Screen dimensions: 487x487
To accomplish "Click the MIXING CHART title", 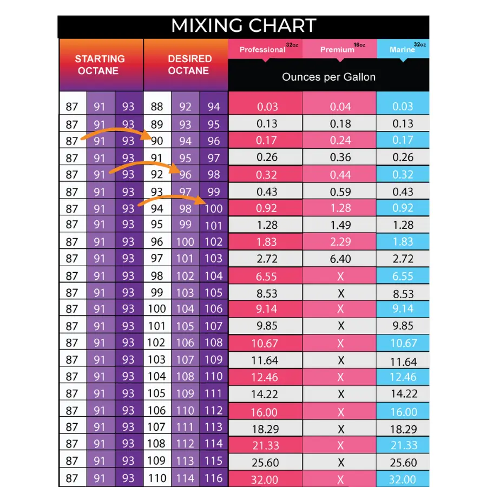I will [243, 26].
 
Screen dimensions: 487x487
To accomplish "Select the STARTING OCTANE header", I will [100, 64].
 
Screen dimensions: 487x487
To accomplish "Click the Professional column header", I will [262, 49].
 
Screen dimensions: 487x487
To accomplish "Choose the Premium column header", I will [337, 49].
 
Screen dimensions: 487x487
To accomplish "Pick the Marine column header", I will [403, 49].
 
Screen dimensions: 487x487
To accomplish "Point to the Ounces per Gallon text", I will [328, 77].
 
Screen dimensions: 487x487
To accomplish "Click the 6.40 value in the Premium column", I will [340, 259].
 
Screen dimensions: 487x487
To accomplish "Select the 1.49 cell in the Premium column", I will [340, 225].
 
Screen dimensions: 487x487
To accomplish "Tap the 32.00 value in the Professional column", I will [265, 479].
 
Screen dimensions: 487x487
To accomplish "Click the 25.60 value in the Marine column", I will [403, 463].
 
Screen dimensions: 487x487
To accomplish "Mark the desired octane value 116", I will [214, 478].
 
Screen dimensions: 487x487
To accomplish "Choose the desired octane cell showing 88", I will [157, 107].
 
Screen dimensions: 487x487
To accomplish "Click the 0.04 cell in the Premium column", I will [340, 107].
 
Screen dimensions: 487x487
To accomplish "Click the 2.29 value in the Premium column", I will [340, 242].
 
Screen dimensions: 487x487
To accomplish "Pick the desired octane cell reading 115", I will [214, 461].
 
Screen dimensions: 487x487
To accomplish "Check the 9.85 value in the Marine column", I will [403, 326].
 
